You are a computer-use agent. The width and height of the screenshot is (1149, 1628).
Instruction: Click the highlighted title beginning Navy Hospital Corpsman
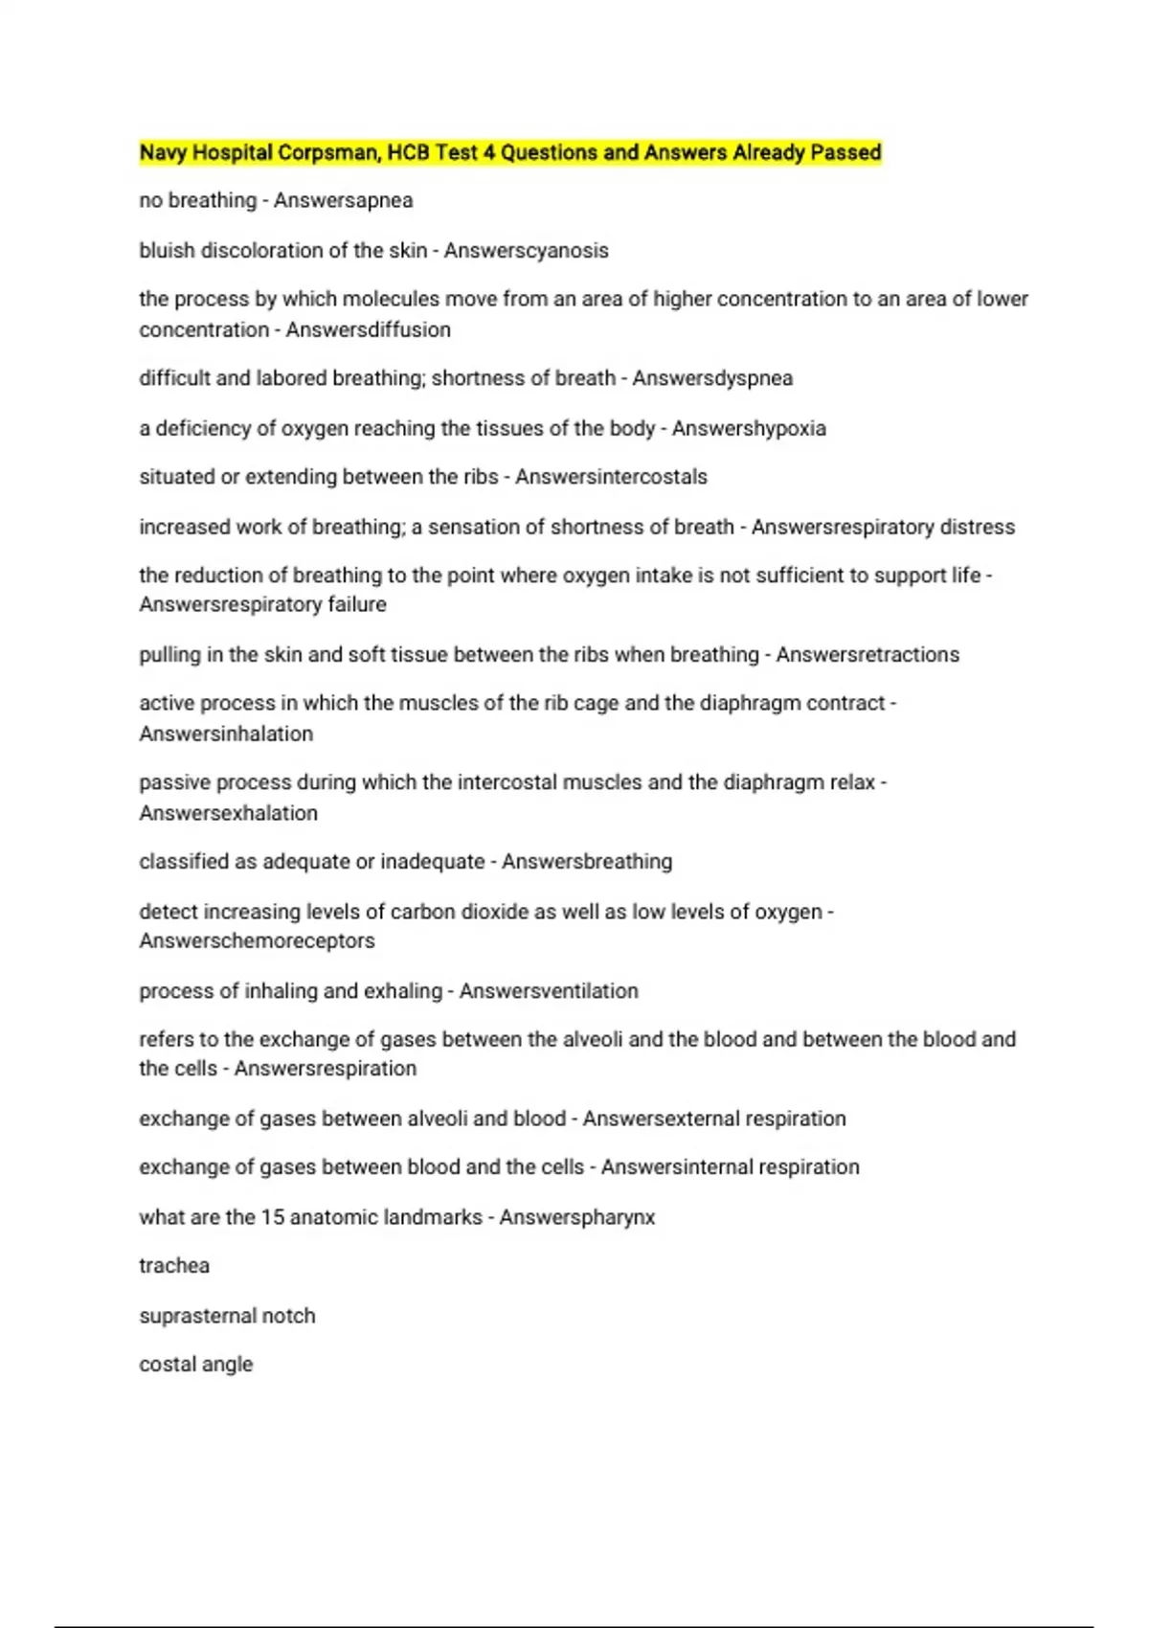coord(509,152)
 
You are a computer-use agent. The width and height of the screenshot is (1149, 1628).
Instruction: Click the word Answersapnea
coord(343,201)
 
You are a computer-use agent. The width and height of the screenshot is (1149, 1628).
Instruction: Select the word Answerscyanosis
coord(526,251)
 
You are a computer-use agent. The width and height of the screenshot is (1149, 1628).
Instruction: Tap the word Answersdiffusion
coord(368,329)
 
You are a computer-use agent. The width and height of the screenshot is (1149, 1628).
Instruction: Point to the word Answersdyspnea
coord(712,378)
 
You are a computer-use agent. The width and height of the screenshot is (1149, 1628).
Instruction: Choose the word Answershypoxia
coord(749,428)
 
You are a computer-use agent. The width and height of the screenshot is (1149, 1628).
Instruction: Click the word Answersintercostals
coord(611,477)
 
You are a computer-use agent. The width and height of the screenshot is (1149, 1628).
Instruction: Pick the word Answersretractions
coord(867,655)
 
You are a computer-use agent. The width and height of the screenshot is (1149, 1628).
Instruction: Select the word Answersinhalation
coord(226,735)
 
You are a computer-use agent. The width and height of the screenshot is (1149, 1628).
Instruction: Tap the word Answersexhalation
coord(228,813)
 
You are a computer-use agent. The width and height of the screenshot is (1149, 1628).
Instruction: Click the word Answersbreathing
coord(587,862)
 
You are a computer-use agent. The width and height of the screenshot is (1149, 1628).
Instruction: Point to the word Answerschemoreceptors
coord(257,941)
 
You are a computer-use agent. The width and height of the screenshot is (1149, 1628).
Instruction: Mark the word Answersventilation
coord(549,991)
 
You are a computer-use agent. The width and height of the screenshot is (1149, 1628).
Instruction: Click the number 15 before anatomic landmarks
coord(273,1217)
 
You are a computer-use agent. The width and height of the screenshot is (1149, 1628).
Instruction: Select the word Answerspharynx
coord(577,1217)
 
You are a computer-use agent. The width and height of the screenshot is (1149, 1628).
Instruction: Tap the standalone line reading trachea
coord(174,1266)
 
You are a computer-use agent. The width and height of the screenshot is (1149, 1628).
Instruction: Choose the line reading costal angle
coord(196,1365)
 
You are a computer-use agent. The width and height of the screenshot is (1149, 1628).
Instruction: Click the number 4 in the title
coord(488,152)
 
